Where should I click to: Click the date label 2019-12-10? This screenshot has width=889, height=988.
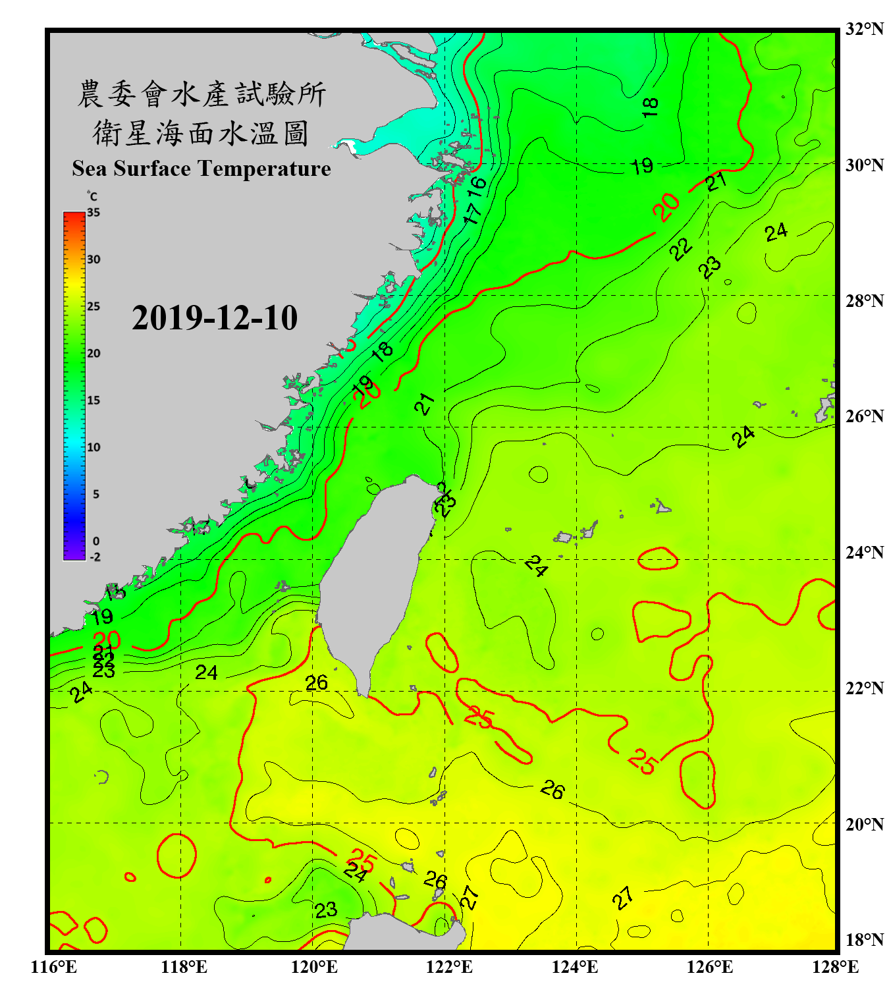point(215,318)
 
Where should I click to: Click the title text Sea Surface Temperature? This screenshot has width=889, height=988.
point(202,169)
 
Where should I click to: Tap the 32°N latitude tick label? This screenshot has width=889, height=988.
point(864,29)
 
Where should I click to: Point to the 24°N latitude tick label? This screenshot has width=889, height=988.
point(864,552)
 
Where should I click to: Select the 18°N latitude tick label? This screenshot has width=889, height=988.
point(864,940)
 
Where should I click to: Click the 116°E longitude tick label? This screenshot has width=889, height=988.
point(54,967)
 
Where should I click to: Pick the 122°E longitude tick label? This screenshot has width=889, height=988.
point(449,967)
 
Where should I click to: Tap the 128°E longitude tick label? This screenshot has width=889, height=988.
point(835,967)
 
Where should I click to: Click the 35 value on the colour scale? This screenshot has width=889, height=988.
point(94,213)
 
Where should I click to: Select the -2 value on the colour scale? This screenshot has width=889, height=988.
point(95,557)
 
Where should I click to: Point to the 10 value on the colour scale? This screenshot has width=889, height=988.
point(94,447)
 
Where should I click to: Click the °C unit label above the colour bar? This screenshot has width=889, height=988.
point(92,197)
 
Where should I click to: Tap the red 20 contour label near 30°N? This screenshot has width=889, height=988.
point(666,207)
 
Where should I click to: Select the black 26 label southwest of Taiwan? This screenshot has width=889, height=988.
point(316,683)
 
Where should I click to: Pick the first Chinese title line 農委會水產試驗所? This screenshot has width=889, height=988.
point(202,94)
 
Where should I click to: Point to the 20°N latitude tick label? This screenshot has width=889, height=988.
point(864,823)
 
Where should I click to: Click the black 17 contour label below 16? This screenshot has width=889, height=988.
point(471,213)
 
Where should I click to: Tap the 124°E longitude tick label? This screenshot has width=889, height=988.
point(575,967)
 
